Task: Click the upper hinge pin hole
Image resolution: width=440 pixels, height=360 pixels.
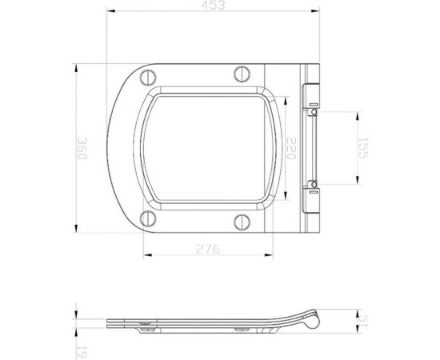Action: [x=314, y=112]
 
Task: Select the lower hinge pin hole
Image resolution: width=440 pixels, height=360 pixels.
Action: [x=314, y=186]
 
